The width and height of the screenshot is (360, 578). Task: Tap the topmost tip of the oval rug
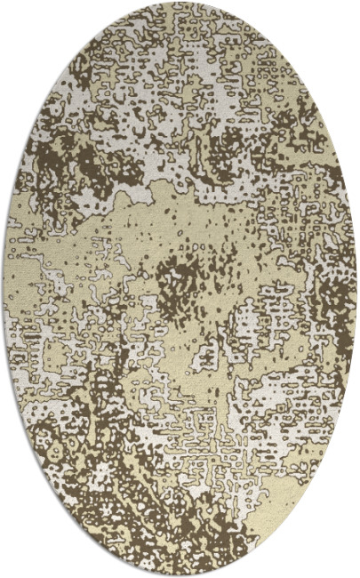(180, 3)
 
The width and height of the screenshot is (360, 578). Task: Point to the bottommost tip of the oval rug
(180, 575)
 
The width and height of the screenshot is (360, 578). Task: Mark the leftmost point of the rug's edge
(4, 289)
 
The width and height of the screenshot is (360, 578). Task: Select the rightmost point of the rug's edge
(356, 289)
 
